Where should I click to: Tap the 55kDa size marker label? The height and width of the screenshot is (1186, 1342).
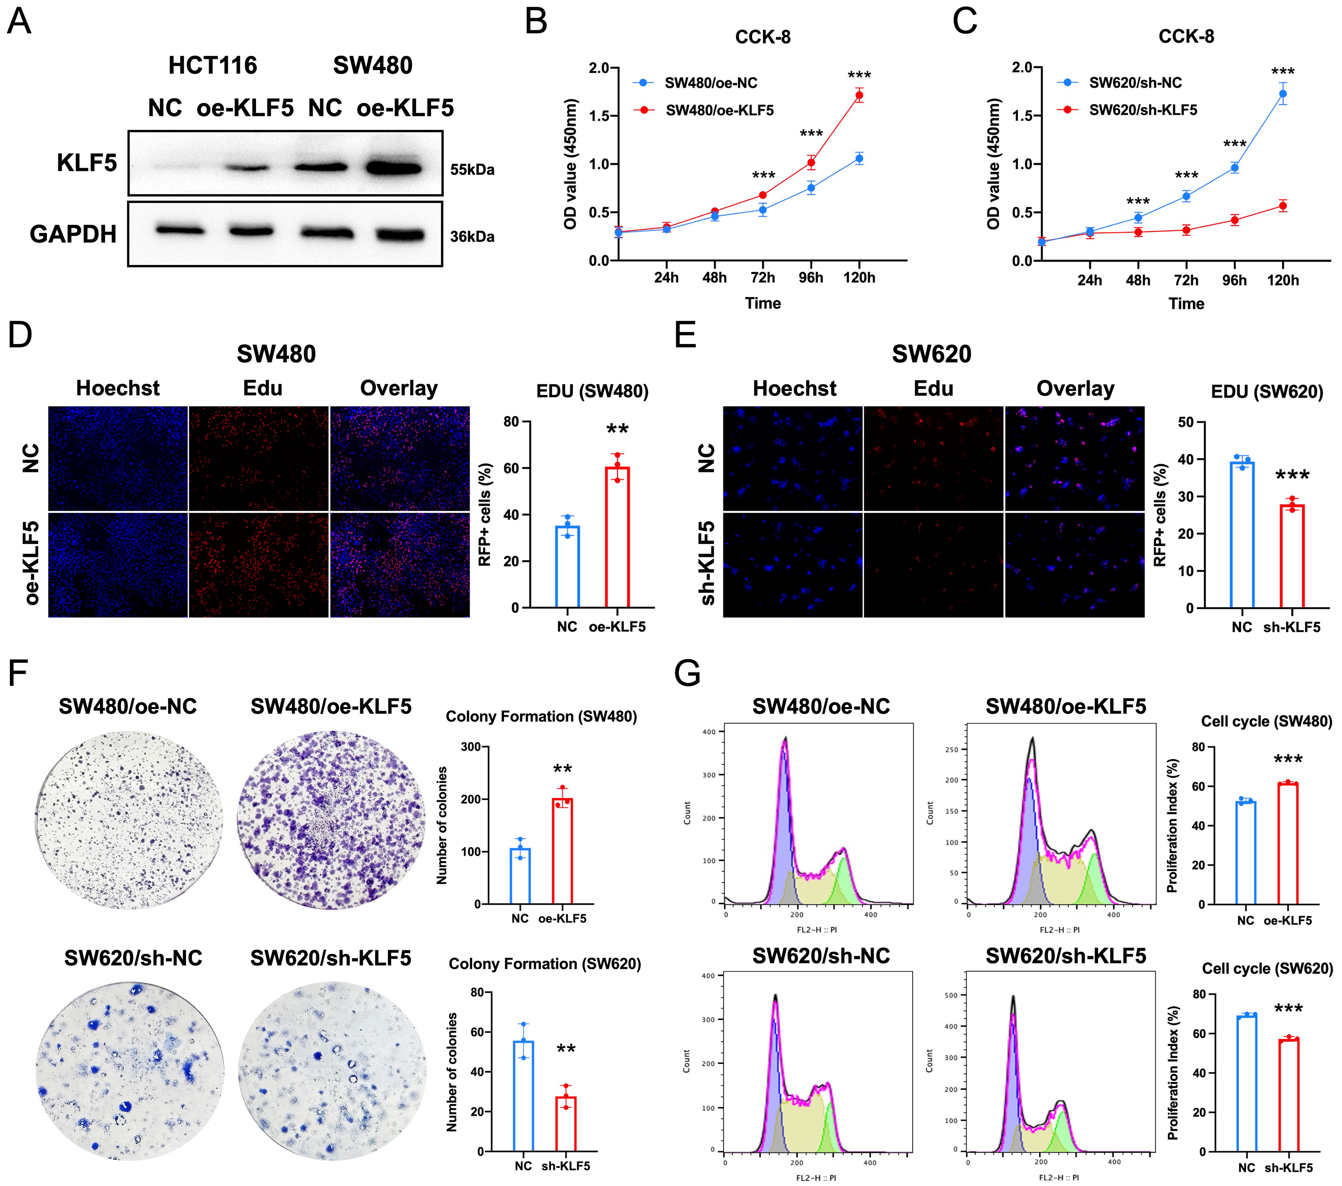(472, 169)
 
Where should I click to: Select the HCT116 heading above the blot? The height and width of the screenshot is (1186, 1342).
(213, 66)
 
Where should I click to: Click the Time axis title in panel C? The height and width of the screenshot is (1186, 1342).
(1186, 304)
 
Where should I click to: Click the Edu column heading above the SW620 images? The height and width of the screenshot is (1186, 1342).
(933, 389)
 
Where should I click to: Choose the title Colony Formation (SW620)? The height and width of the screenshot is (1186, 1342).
(544, 964)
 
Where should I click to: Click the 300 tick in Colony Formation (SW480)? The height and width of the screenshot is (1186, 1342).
(470, 747)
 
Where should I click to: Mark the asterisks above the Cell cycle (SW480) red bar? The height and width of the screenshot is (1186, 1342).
(1287, 760)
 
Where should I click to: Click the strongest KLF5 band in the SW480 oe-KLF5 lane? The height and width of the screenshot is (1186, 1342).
(393, 168)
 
